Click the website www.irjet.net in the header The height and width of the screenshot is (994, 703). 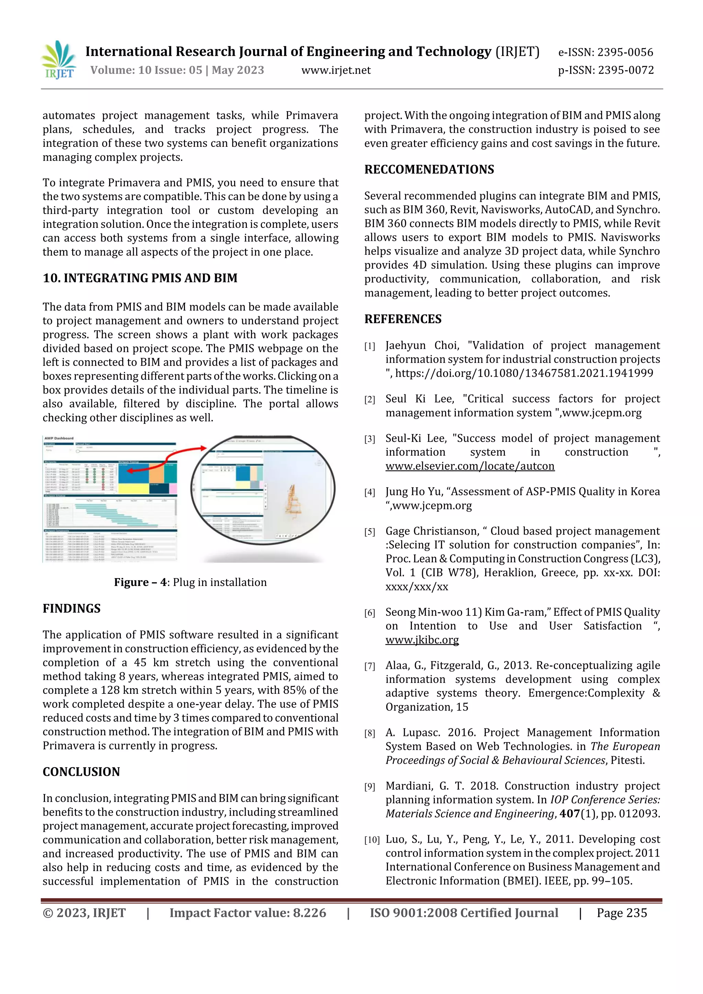(336, 70)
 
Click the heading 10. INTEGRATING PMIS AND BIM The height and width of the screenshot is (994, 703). (140, 278)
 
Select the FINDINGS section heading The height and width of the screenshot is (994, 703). (71, 608)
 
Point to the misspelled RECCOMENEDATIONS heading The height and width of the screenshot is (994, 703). (429, 169)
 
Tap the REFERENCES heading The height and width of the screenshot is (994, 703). (403, 319)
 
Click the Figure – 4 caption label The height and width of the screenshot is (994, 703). (141, 582)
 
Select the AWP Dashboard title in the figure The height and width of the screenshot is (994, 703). (59, 438)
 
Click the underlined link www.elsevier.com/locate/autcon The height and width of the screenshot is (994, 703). (470, 466)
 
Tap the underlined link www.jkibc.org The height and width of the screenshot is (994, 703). (422, 640)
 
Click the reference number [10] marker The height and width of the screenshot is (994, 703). (372, 840)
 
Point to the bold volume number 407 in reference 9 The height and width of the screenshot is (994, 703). (569, 814)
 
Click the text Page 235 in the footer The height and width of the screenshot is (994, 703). (622, 913)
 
